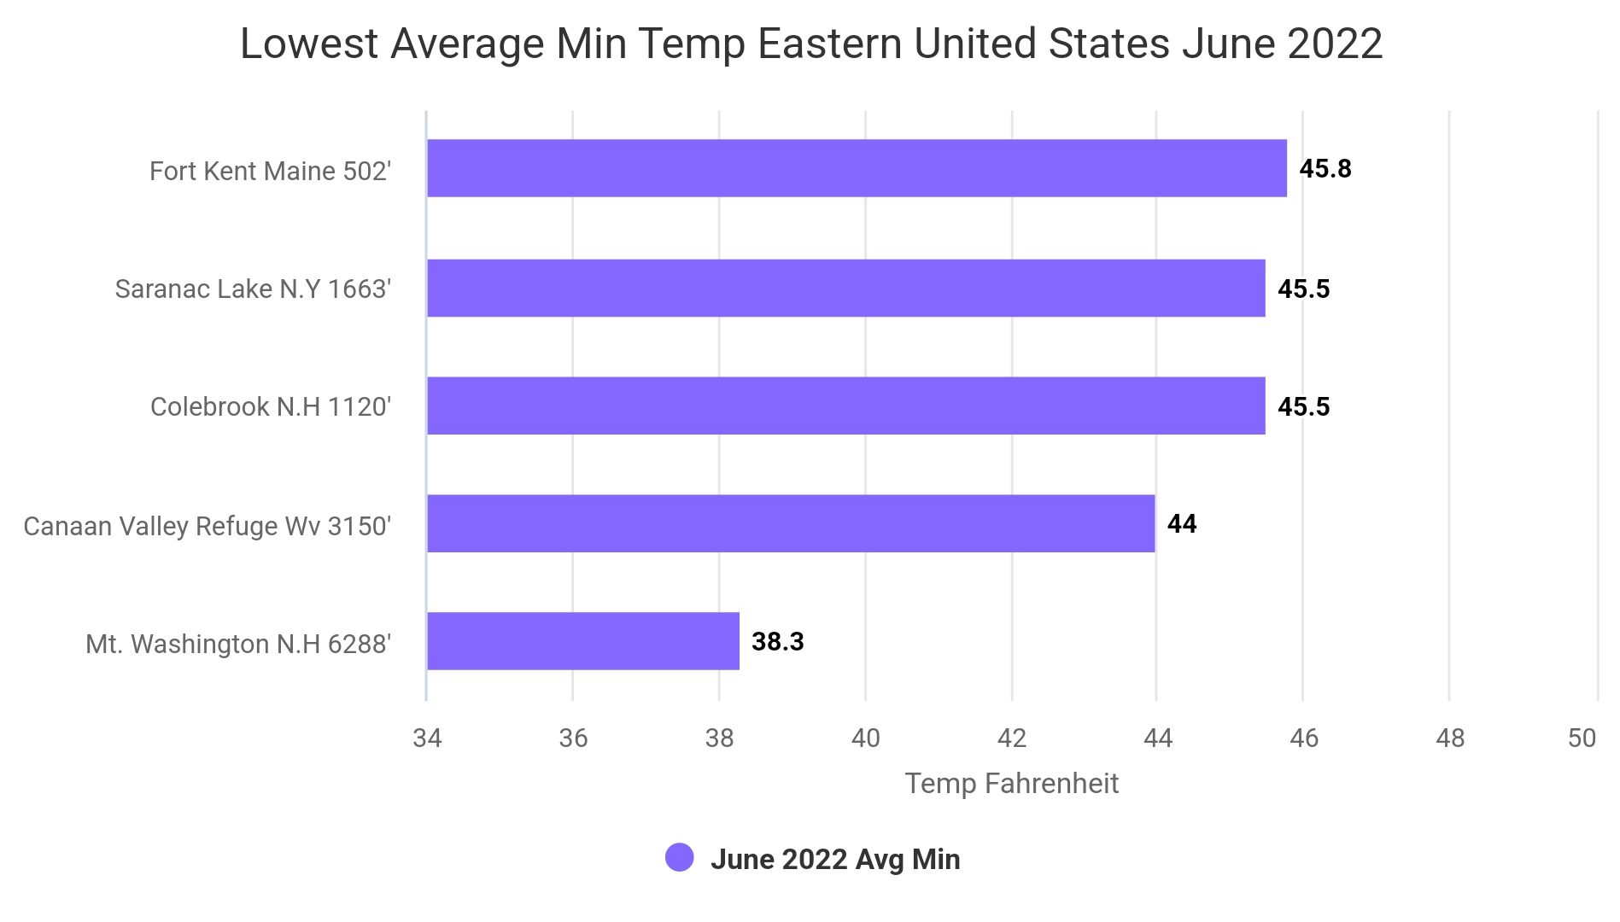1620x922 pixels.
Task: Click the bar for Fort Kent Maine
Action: [x=857, y=168]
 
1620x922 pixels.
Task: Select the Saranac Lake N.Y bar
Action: [x=846, y=289]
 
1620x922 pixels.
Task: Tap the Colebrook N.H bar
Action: [x=846, y=406]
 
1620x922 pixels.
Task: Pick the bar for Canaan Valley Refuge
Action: [x=791, y=523]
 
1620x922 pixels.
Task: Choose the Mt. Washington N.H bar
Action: [x=583, y=641]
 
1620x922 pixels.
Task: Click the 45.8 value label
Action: [x=1325, y=169]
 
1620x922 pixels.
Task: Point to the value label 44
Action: [x=1182, y=524]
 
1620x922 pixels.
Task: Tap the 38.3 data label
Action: [x=778, y=642]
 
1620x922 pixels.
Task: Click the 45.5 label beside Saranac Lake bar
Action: [x=1304, y=289]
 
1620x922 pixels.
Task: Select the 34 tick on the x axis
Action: [x=427, y=738]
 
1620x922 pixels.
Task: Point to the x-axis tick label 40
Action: [x=866, y=738]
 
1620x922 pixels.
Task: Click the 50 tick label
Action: [x=1582, y=738]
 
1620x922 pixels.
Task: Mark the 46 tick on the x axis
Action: [x=1304, y=738]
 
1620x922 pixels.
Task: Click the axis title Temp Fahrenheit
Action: [x=1012, y=784]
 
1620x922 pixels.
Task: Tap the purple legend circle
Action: [x=680, y=858]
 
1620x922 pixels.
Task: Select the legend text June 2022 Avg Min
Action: [x=835, y=860]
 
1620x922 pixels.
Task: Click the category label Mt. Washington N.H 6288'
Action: [x=238, y=644]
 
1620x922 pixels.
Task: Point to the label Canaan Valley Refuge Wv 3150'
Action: [x=208, y=527]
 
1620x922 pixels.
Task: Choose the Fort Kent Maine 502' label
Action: [x=271, y=172]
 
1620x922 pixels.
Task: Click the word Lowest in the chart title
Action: [x=309, y=44]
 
